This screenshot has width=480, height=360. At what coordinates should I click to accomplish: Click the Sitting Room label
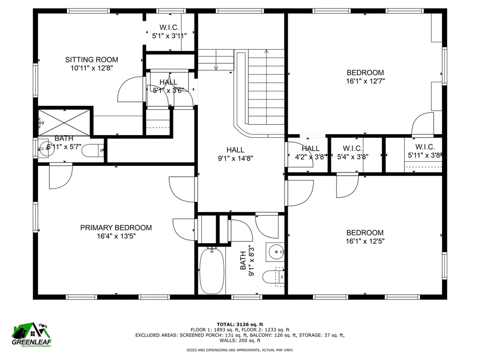(91, 60)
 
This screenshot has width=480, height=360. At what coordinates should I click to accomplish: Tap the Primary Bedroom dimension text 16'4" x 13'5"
(116, 237)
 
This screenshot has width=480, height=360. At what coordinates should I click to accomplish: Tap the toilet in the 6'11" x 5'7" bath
(96, 150)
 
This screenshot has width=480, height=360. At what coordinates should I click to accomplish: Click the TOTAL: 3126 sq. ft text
(240, 324)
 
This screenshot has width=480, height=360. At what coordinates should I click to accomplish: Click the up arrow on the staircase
(266, 52)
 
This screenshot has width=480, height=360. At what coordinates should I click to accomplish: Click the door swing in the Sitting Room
(129, 89)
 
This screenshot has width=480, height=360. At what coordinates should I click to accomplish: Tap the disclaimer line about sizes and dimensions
(240, 350)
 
